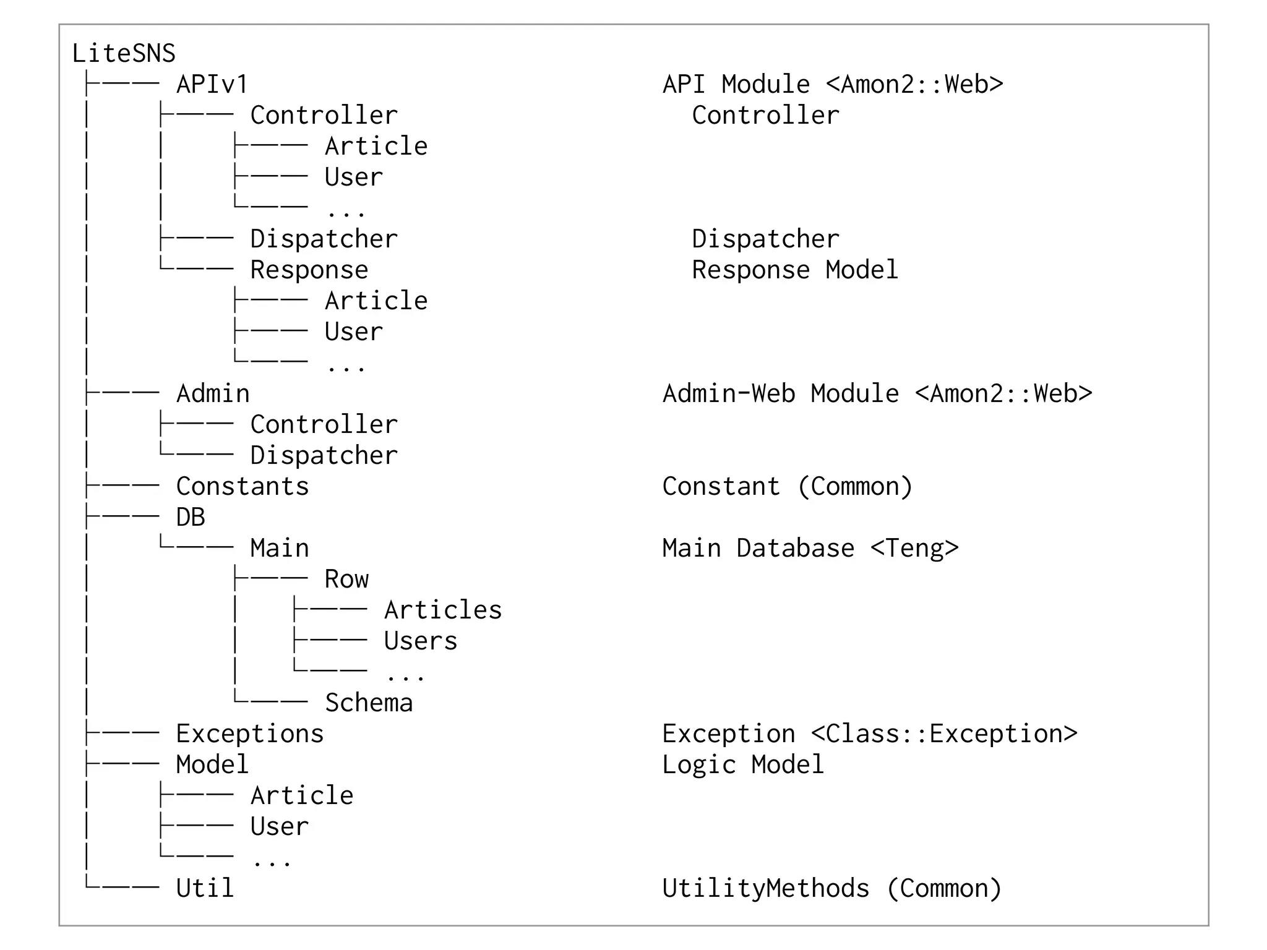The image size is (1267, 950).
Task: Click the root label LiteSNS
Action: [x=124, y=54]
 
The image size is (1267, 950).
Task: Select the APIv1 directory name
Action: [x=212, y=85]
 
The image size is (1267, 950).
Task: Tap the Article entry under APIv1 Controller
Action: [x=376, y=147]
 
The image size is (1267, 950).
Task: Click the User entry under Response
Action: [x=353, y=332]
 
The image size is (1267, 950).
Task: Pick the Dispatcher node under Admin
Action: [x=324, y=456]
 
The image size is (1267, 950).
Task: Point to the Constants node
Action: [x=242, y=487]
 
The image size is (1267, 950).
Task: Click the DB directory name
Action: [x=190, y=518]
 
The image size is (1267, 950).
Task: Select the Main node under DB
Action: [x=279, y=549]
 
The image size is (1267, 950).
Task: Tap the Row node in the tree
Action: [x=346, y=580]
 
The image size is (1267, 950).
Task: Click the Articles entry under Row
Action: [x=442, y=610]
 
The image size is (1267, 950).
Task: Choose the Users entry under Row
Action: [x=420, y=641]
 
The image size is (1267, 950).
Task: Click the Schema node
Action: [x=369, y=703]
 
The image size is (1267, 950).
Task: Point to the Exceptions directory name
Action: [x=249, y=734]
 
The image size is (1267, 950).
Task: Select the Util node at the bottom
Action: [x=205, y=889]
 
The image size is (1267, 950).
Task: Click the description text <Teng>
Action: [x=914, y=549]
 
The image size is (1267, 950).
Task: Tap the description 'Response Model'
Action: [x=794, y=270]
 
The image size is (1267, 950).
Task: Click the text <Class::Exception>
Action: [x=944, y=734]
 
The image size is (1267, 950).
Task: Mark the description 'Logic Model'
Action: [x=742, y=765]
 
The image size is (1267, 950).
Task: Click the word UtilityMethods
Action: [x=765, y=889]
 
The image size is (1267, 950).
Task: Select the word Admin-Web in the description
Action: [x=728, y=394]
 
